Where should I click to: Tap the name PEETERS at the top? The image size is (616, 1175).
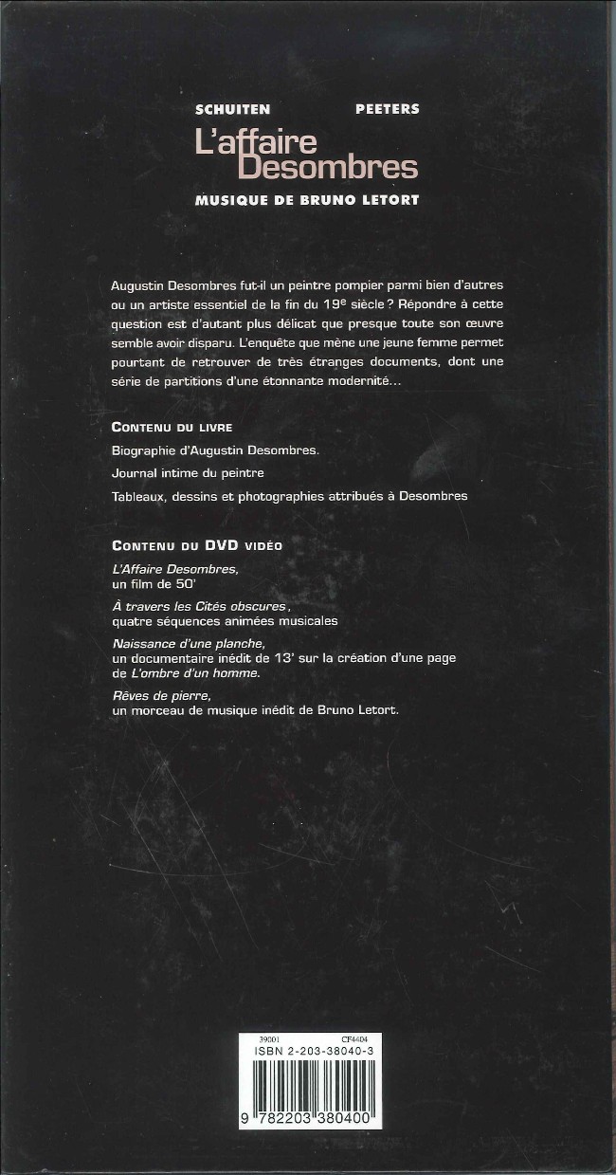pyautogui.click(x=387, y=109)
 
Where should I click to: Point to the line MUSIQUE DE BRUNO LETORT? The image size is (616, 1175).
pyautogui.click(x=306, y=200)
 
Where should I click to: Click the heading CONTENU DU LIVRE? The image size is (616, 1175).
pyautogui.click(x=172, y=427)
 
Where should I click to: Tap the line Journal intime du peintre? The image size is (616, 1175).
pyautogui.click(x=188, y=472)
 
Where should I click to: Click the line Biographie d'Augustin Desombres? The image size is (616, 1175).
pyautogui.click(x=215, y=450)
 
